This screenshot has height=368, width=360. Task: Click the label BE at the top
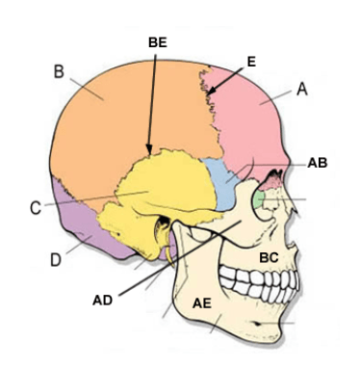pos(158,42)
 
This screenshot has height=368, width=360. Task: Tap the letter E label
pos(251,62)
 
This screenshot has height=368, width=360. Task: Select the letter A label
pos(302,89)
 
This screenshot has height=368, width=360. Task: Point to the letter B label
pos(59,71)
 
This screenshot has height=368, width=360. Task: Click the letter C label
pos(36,208)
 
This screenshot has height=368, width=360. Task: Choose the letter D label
pos(56,260)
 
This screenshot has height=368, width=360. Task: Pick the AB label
pos(318,163)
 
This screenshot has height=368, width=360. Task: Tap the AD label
pos(102,301)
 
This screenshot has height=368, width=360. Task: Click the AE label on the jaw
pos(202,303)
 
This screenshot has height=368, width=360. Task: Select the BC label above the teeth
pos(269,257)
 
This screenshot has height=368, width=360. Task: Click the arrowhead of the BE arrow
pos(149,149)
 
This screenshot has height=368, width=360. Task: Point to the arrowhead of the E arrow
pos(210,92)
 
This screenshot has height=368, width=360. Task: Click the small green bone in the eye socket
pos(259,199)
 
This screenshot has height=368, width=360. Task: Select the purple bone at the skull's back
pos(87,224)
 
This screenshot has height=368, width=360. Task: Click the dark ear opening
pos(164,223)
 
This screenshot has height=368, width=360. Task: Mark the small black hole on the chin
pos(257,324)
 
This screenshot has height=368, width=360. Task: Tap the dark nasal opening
pos(275,175)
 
